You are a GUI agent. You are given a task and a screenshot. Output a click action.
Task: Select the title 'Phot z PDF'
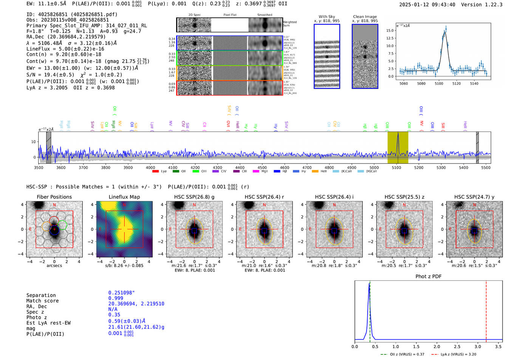point(428,277)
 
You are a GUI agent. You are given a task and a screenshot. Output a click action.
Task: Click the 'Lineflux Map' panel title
point(124,197)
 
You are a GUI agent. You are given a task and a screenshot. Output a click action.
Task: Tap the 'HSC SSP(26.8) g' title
point(194,197)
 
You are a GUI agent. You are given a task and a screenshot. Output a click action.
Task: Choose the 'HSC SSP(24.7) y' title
point(474,197)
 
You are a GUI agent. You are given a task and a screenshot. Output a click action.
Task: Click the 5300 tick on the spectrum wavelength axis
point(441,167)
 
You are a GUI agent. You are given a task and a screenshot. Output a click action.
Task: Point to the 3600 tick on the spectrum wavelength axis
point(61,167)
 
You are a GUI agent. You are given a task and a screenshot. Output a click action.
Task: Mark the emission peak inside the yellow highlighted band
point(398,134)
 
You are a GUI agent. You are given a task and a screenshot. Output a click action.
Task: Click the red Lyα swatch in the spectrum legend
point(155,172)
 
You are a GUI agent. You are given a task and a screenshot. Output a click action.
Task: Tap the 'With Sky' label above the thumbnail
point(327,17)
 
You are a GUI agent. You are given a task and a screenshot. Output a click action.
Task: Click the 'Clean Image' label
point(365,17)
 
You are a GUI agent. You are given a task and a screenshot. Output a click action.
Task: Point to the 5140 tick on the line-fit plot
point(474,83)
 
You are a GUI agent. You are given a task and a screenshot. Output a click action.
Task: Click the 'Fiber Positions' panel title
point(54,197)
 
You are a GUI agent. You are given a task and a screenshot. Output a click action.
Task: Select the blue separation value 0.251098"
point(121,293)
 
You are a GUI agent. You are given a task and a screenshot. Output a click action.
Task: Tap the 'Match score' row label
point(43,301)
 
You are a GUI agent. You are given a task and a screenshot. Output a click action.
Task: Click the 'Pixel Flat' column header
point(230,15)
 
